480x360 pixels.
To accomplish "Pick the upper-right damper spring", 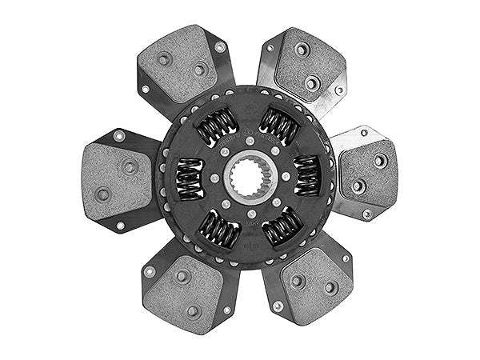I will pyautogui.click(x=278, y=124).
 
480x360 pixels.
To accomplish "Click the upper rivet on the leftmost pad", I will pyautogui.click(x=129, y=166).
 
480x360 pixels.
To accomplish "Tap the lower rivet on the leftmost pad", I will pyautogui.click(x=103, y=194).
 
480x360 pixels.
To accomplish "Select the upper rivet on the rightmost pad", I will pyautogui.click(x=380, y=160).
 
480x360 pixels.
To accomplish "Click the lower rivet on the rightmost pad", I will pyautogui.click(x=359, y=186).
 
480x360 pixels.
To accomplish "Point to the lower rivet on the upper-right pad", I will pyautogui.click(x=312, y=82).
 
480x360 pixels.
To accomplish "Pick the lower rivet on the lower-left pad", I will pyautogui.click(x=193, y=311).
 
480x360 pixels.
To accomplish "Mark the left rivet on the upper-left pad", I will pyautogui.click(x=165, y=58).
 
